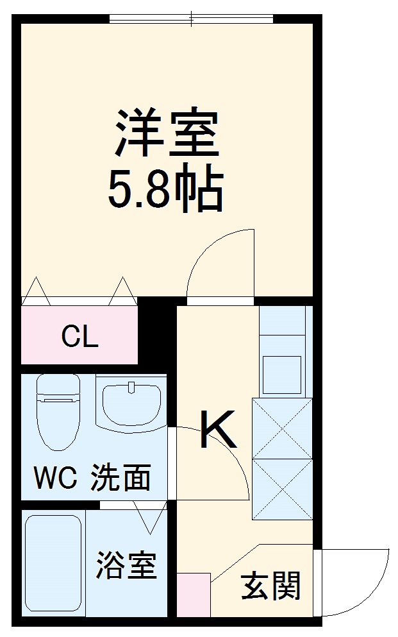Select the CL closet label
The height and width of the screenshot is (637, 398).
click(x=80, y=337)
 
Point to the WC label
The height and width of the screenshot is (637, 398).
click(x=55, y=478)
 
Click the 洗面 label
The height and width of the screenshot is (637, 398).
click(x=120, y=478)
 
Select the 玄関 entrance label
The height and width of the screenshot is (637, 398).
click(x=270, y=585)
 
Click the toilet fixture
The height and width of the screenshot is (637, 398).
click(x=58, y=411)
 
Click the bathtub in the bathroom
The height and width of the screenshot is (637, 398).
click(x=53, y=563)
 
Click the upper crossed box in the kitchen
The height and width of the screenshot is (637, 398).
click(x=282, y=429)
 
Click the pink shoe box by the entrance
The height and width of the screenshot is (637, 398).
click(x=193, y=594)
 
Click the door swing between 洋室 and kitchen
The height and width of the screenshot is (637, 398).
click(x=221, y=263)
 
